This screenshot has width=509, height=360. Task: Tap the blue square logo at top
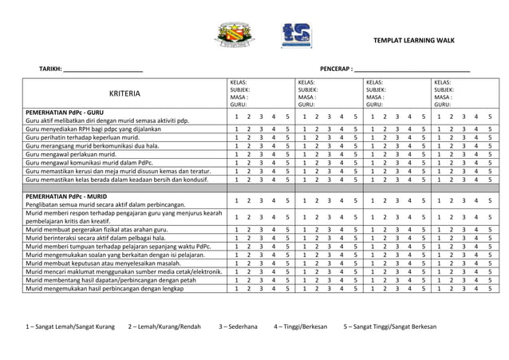tap(297, 35)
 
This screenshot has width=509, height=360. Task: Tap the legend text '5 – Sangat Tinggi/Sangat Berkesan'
tap(389, 327)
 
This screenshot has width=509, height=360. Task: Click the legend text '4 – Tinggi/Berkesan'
tap(302, 327)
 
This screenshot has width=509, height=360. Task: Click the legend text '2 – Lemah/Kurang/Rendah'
tap(164, 327)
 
